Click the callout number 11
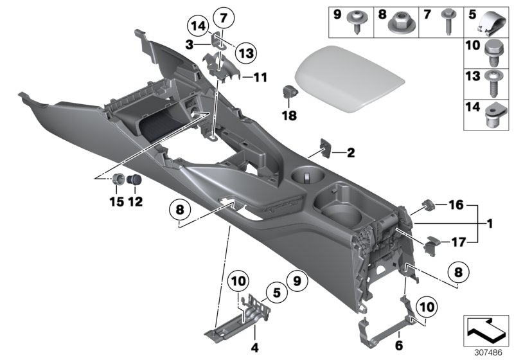(260, 77)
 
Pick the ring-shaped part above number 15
(119, 179)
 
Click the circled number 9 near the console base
(297, 280)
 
